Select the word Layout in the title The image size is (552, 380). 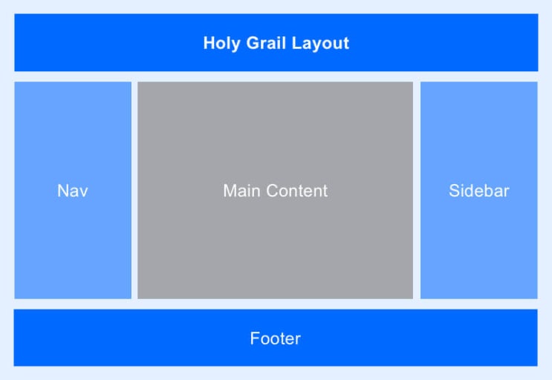pyautogui.click(x=320, y=44)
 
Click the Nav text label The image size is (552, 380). pyautogui.click(x=73, y=191)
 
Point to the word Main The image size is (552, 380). pyautogui.click(x=242, y=191)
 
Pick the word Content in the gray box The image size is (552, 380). pyautogui.click(x=296, y=191)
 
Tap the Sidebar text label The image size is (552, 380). pyautogui.click(x=478, y=191)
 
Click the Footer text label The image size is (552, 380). pyautogui.click(x=276, y=338)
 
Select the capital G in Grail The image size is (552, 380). pyautogui.click(x=253, y=43)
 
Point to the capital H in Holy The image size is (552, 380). pyautogui.click(x=210, y=43)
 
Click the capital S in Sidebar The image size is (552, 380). pyautogui.click(x=455, y=191)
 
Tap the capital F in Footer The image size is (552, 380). pyautogui.click(x=256, y=338)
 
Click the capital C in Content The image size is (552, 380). pyautogui.click(x=273, y=191)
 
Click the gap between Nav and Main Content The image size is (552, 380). pyautogui.click(x=134, y=190)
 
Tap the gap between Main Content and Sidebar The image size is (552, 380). pyautogui.click(x=417, y=190)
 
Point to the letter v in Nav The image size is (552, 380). pyautogui.click(x=84, y=193)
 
